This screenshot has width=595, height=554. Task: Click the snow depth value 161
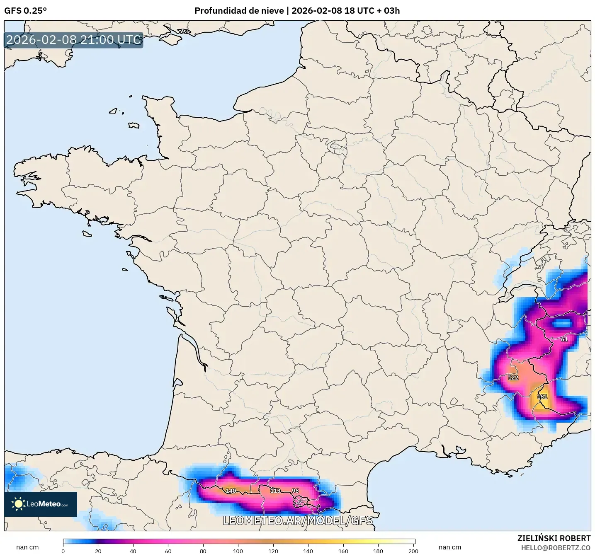(542, 397)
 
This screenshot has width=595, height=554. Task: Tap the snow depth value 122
(513, 377)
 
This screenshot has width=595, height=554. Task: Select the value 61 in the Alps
(564, 339)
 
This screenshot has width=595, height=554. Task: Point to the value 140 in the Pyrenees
(231, 491)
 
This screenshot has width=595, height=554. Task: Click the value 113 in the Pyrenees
(275, 491)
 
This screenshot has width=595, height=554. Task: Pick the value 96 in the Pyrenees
(295, 491)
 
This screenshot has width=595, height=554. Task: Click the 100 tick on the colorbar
(238, 551)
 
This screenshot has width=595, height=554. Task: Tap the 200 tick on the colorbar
(413, 551)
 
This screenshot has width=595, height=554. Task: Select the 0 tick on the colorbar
(63, 551)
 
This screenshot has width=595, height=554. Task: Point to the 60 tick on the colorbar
(168, 551)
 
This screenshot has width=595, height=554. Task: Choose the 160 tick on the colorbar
(343, 551)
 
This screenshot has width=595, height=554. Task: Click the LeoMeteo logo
(41, 504)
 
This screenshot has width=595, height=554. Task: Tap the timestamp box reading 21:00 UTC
(74, 40)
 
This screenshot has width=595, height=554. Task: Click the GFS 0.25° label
(25, 11)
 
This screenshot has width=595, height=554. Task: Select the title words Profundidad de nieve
(239, 11)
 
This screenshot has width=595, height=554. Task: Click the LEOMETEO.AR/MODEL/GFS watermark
(297, 520)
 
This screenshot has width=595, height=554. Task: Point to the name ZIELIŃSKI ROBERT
(554, 538)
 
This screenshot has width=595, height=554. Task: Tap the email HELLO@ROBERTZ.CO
(556, 548)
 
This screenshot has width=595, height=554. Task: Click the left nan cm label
(27, 547)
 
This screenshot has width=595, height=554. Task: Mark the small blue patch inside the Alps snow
(562, 323)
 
